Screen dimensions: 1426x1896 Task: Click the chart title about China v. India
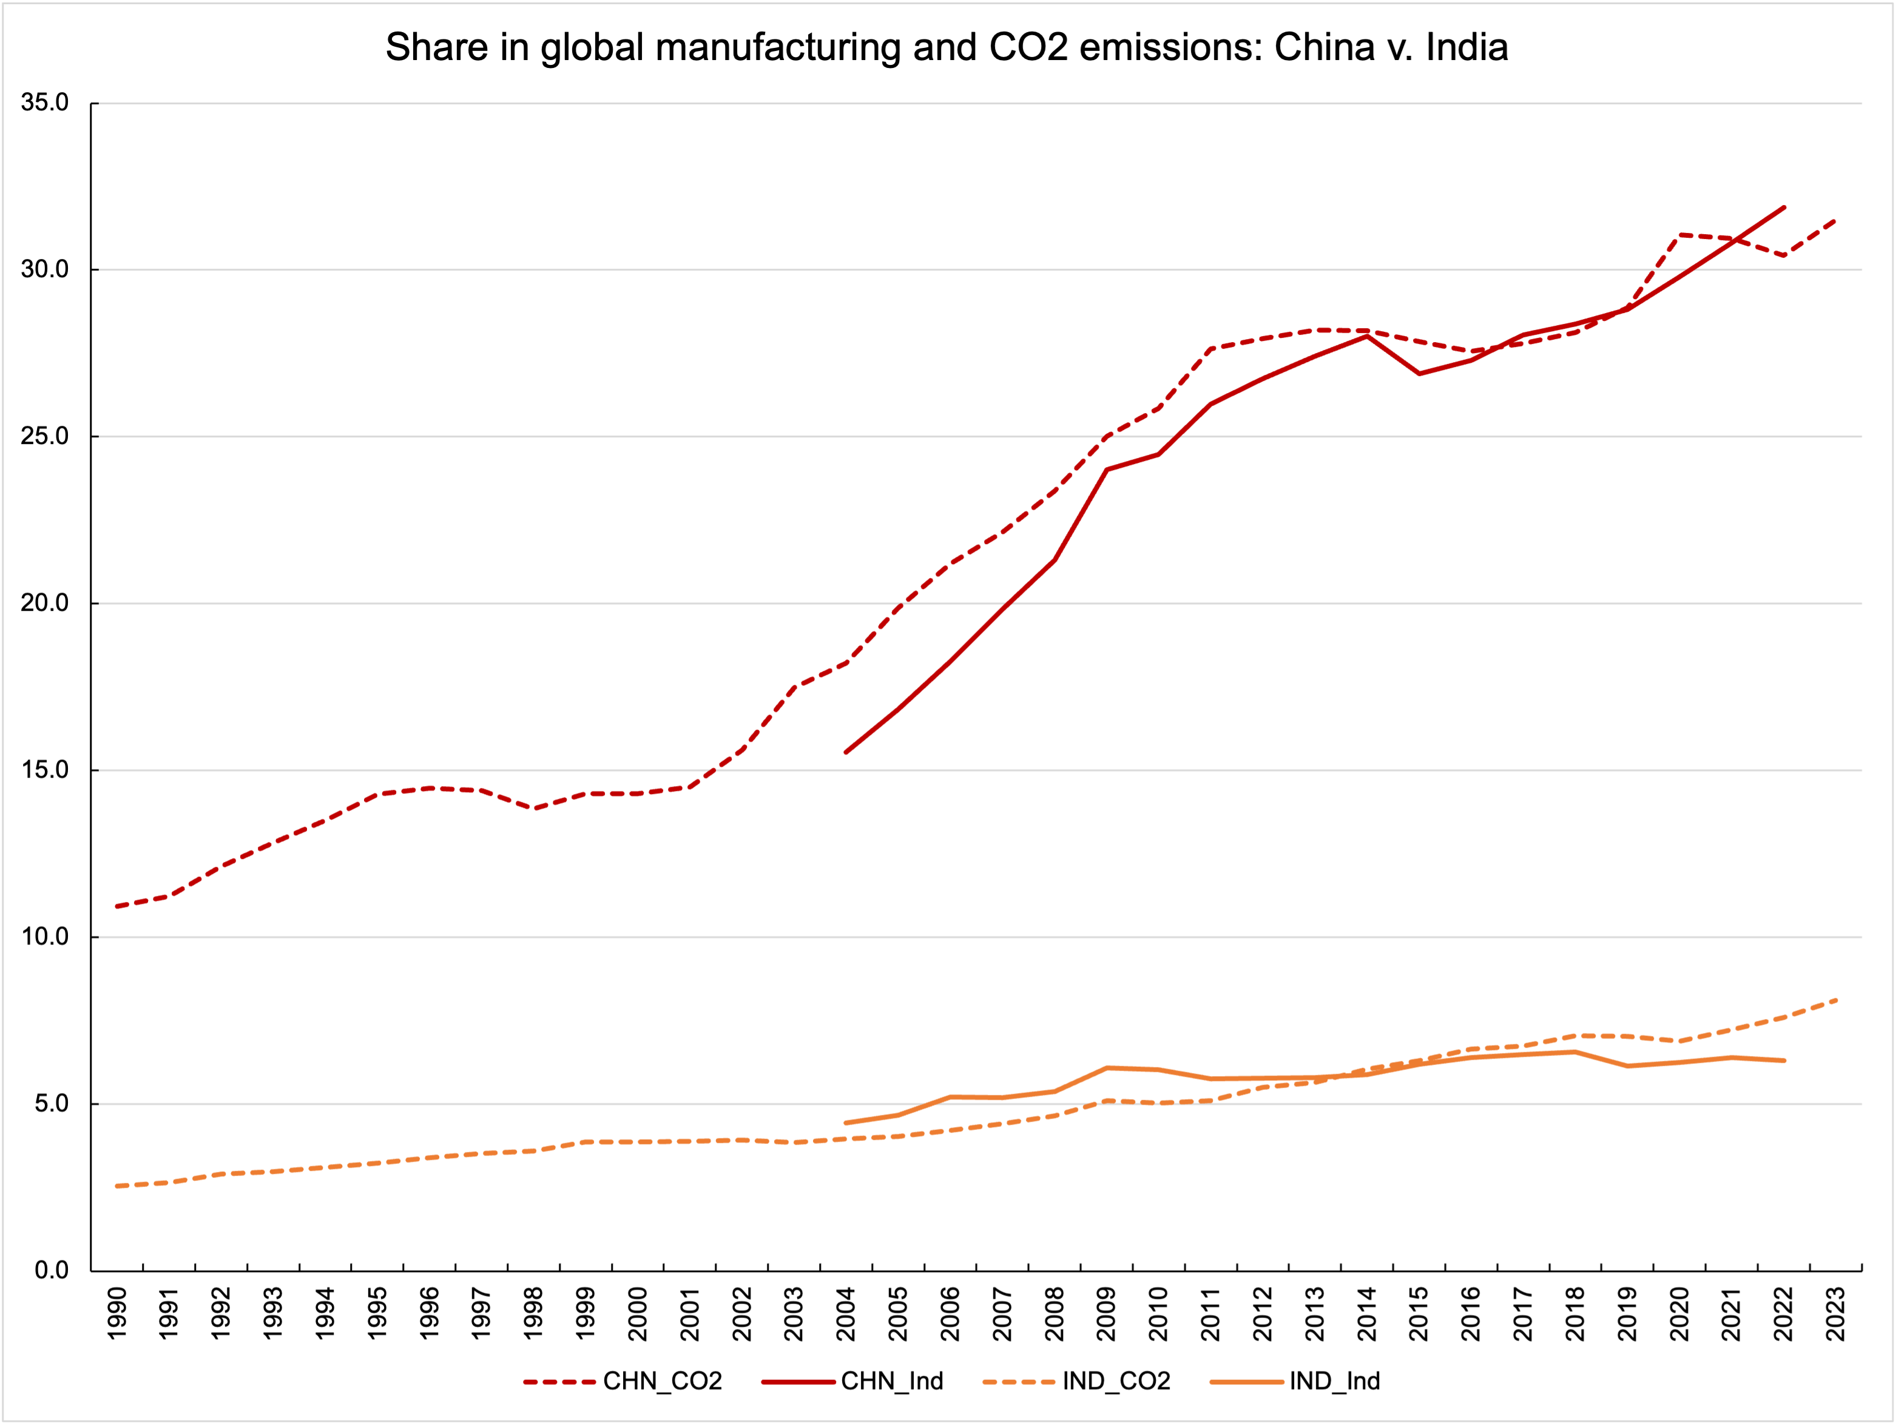point(946,47)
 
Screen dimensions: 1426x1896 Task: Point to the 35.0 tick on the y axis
point(44,103)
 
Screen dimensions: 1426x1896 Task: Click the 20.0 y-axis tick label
point(44,604)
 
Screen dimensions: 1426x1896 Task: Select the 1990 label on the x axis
point(118,1314)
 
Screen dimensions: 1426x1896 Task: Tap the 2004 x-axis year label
point(846,1314)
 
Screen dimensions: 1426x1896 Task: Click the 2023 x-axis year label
point(1836,1314)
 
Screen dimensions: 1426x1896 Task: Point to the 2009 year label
point(1107,1314)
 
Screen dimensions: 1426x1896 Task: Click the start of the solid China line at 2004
point(846,752)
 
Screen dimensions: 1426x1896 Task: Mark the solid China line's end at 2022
point(1784,207)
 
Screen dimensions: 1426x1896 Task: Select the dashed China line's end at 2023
point(1835,220)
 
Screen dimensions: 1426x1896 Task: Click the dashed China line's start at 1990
point(116,907)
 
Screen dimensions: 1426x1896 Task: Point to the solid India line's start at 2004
point(846,1123)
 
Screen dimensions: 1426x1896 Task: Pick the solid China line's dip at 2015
point(1420,374)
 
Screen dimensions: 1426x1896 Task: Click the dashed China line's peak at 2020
point(1680,235)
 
